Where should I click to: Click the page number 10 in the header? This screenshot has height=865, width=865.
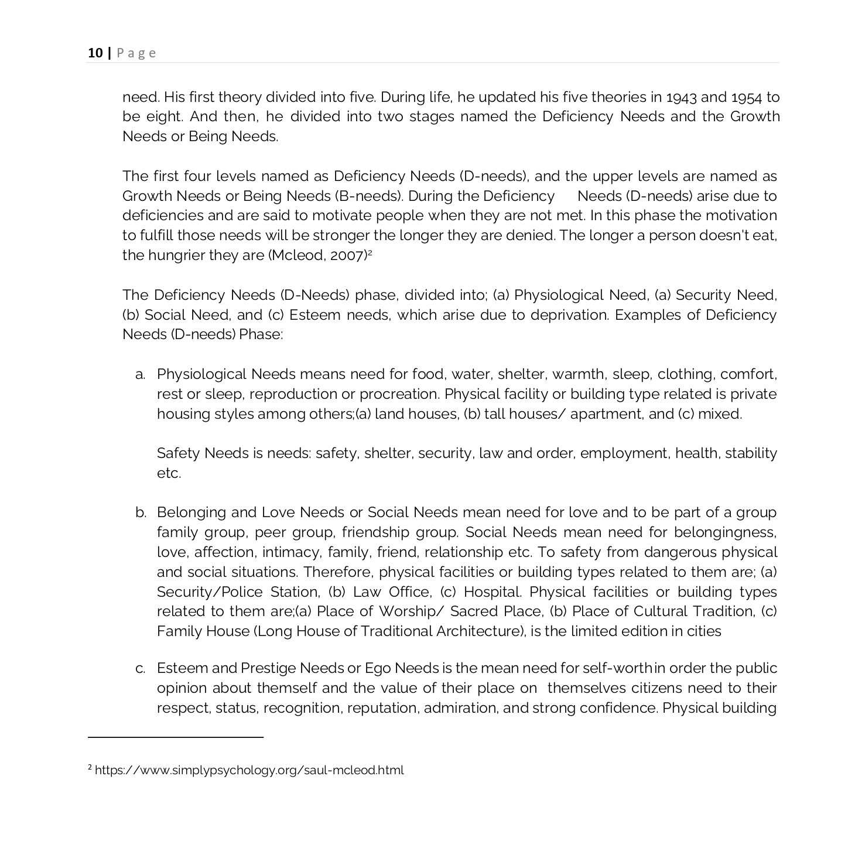pos(94,53)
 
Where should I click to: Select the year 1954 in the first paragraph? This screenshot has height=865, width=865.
pos(746,97)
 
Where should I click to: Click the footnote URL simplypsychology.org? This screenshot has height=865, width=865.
pos(249,770)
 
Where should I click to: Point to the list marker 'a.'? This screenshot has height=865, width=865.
pos(140,375)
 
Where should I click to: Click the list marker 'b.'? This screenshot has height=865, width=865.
pos(141,513)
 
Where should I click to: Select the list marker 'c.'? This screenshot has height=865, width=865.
pos(140,669)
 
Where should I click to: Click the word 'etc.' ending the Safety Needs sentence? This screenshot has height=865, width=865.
pos(169,473)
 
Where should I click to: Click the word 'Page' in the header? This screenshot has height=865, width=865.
pos(136,53)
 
